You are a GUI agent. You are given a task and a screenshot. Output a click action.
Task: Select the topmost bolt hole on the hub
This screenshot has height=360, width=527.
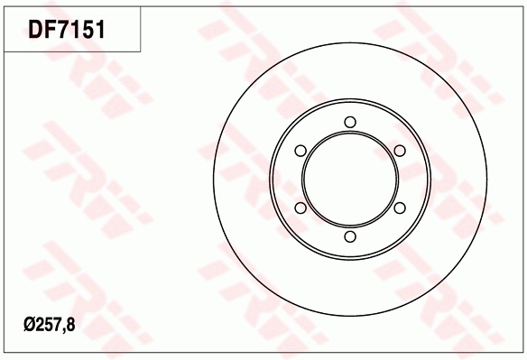[x=350, y=124]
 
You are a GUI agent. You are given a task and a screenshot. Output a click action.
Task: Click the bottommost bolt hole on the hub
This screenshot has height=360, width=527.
[x=350, y=237]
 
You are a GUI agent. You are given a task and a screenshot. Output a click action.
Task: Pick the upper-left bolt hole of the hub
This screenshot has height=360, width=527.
[x=301, y=152]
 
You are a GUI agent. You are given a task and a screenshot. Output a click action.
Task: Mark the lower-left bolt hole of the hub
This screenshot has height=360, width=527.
[x=301, y=208]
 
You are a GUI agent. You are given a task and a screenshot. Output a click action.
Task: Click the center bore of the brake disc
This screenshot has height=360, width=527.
[x=350, y=180]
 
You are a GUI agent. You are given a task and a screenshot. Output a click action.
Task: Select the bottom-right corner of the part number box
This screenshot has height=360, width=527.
[x=142, y=51]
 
